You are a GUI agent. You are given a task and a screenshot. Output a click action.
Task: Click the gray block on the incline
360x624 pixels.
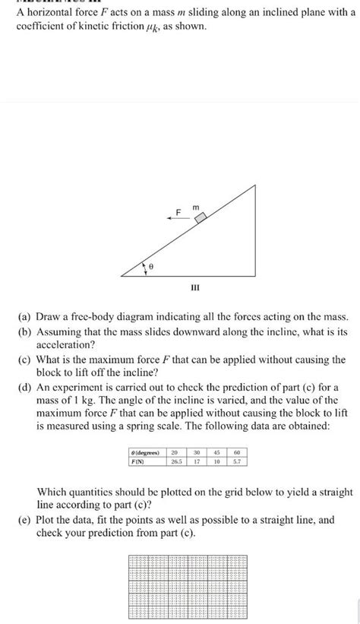tap(201, 217)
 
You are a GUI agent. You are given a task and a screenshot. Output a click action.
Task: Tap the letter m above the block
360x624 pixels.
tap(195, 204)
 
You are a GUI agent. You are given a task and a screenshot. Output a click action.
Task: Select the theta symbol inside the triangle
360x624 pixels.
tap(150, 266)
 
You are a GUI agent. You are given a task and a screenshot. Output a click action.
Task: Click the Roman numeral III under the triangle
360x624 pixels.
tap(195, 288)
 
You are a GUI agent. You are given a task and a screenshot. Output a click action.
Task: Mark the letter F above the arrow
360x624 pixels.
tap(179, 210)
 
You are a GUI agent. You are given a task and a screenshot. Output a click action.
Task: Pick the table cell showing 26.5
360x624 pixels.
tap(176, 460)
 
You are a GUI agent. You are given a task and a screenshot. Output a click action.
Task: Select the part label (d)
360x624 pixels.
tap(27, 386)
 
